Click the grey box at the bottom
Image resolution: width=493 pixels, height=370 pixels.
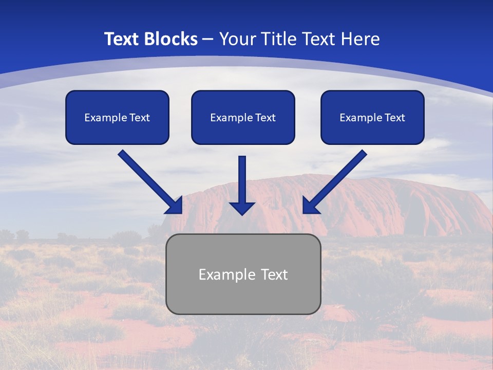click(243, 298)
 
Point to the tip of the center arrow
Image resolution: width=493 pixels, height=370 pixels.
click(242, 214)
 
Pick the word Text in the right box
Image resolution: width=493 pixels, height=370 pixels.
click(395, 118)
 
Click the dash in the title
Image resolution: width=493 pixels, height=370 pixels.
click(208, 39)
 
